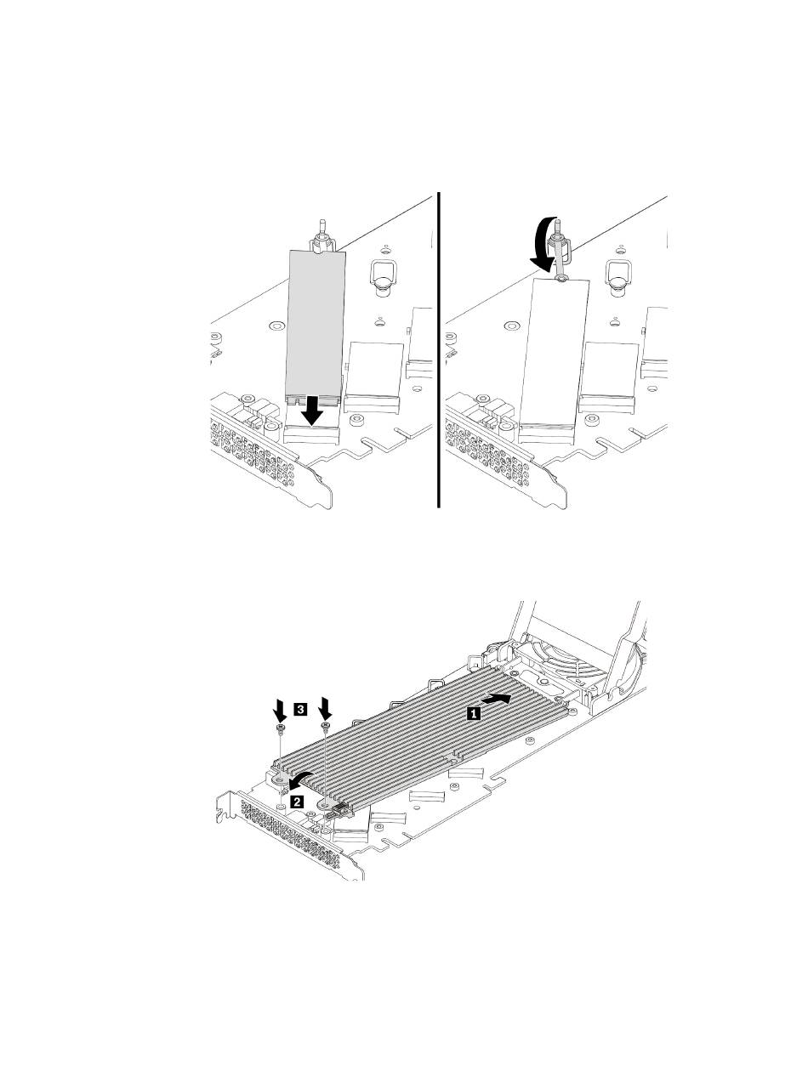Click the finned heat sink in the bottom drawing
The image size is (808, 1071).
(420, 744)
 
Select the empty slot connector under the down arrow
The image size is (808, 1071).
(311, 433)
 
